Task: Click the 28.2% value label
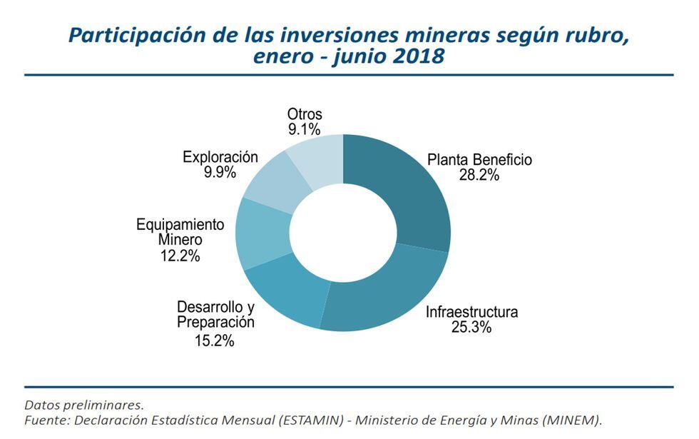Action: click(x=479, y=176)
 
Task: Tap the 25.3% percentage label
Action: click(x=471, y=328)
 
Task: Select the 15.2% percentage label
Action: click(x=214, y=340)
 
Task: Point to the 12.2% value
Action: click(x=180, y=256)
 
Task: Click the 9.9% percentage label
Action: click(x=219, y=172)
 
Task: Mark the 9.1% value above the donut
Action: click(x=305, y=129)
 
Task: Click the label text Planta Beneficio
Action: click(x=479, y=159)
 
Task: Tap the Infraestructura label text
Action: click(x=471, y=312)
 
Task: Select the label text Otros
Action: click(x=305, y=113)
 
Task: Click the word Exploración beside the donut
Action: click(x=220, y=156)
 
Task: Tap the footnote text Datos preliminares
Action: click(x=83, y=405)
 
